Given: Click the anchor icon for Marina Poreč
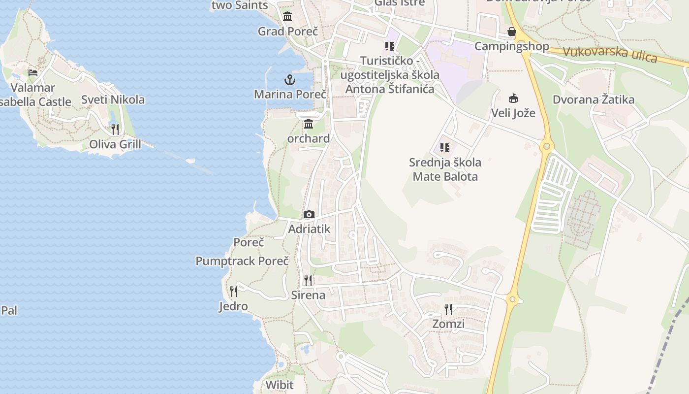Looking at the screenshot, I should click(289, 79).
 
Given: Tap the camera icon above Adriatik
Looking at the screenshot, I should click(309, 214).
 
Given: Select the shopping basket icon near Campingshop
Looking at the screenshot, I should click(512, 32).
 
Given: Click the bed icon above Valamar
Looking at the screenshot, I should click(33, 73).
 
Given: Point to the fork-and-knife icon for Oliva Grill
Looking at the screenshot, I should click(115, 130).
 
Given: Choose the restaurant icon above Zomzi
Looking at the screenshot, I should click(448, 309).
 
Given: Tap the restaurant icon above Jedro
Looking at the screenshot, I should click(234, 292).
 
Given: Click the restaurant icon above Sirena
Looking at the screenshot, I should click(308, 281).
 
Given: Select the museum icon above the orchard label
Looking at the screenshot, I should click(309, 124).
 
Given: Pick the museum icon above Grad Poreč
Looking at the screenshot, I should click(287, 17).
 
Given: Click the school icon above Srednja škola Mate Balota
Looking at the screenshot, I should click(445, 147).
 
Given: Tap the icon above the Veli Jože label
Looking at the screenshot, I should click(513, 98).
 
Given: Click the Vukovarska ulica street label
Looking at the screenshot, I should click(610, 54).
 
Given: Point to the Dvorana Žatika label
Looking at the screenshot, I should click(594, 99).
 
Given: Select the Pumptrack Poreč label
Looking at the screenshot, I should click(242, 261).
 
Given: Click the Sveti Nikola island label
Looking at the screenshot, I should click(113, 99).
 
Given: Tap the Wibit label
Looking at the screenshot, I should click(279, 385).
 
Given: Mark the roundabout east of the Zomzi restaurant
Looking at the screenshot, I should click(513, 299).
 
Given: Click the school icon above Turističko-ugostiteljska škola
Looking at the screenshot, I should click(390, 46).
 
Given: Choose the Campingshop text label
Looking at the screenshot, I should click(512, 46).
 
